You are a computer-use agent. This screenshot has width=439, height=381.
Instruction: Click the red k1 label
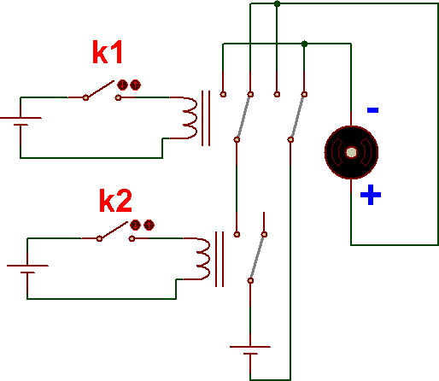[108, 52]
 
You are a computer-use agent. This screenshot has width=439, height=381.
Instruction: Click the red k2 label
[115, 201]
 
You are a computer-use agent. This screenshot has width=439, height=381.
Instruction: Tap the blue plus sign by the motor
[371, 195]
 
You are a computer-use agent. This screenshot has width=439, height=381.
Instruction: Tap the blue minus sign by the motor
[372, 110]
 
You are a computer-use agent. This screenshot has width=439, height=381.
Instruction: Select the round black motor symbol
[351, 152]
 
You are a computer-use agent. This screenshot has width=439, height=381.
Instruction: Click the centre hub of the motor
[351, 152]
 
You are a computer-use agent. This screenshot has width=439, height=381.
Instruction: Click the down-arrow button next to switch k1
[122, 85]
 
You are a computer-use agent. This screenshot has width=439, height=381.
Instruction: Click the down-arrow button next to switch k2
[135, 225]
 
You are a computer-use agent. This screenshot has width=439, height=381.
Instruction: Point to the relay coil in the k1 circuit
[190, 118]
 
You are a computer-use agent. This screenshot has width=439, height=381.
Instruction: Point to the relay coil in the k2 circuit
[203, 259]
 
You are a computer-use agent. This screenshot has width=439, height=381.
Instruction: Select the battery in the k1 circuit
[20, 121]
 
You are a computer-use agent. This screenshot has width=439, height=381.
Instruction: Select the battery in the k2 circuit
[27, 269]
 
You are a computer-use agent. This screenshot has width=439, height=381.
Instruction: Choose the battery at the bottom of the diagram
[250, 350]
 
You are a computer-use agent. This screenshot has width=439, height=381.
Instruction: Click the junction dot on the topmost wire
[277, 3]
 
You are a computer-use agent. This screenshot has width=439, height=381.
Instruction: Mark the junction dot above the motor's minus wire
[304, 44]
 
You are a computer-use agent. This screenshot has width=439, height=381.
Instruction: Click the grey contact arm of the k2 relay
[257, 257]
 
